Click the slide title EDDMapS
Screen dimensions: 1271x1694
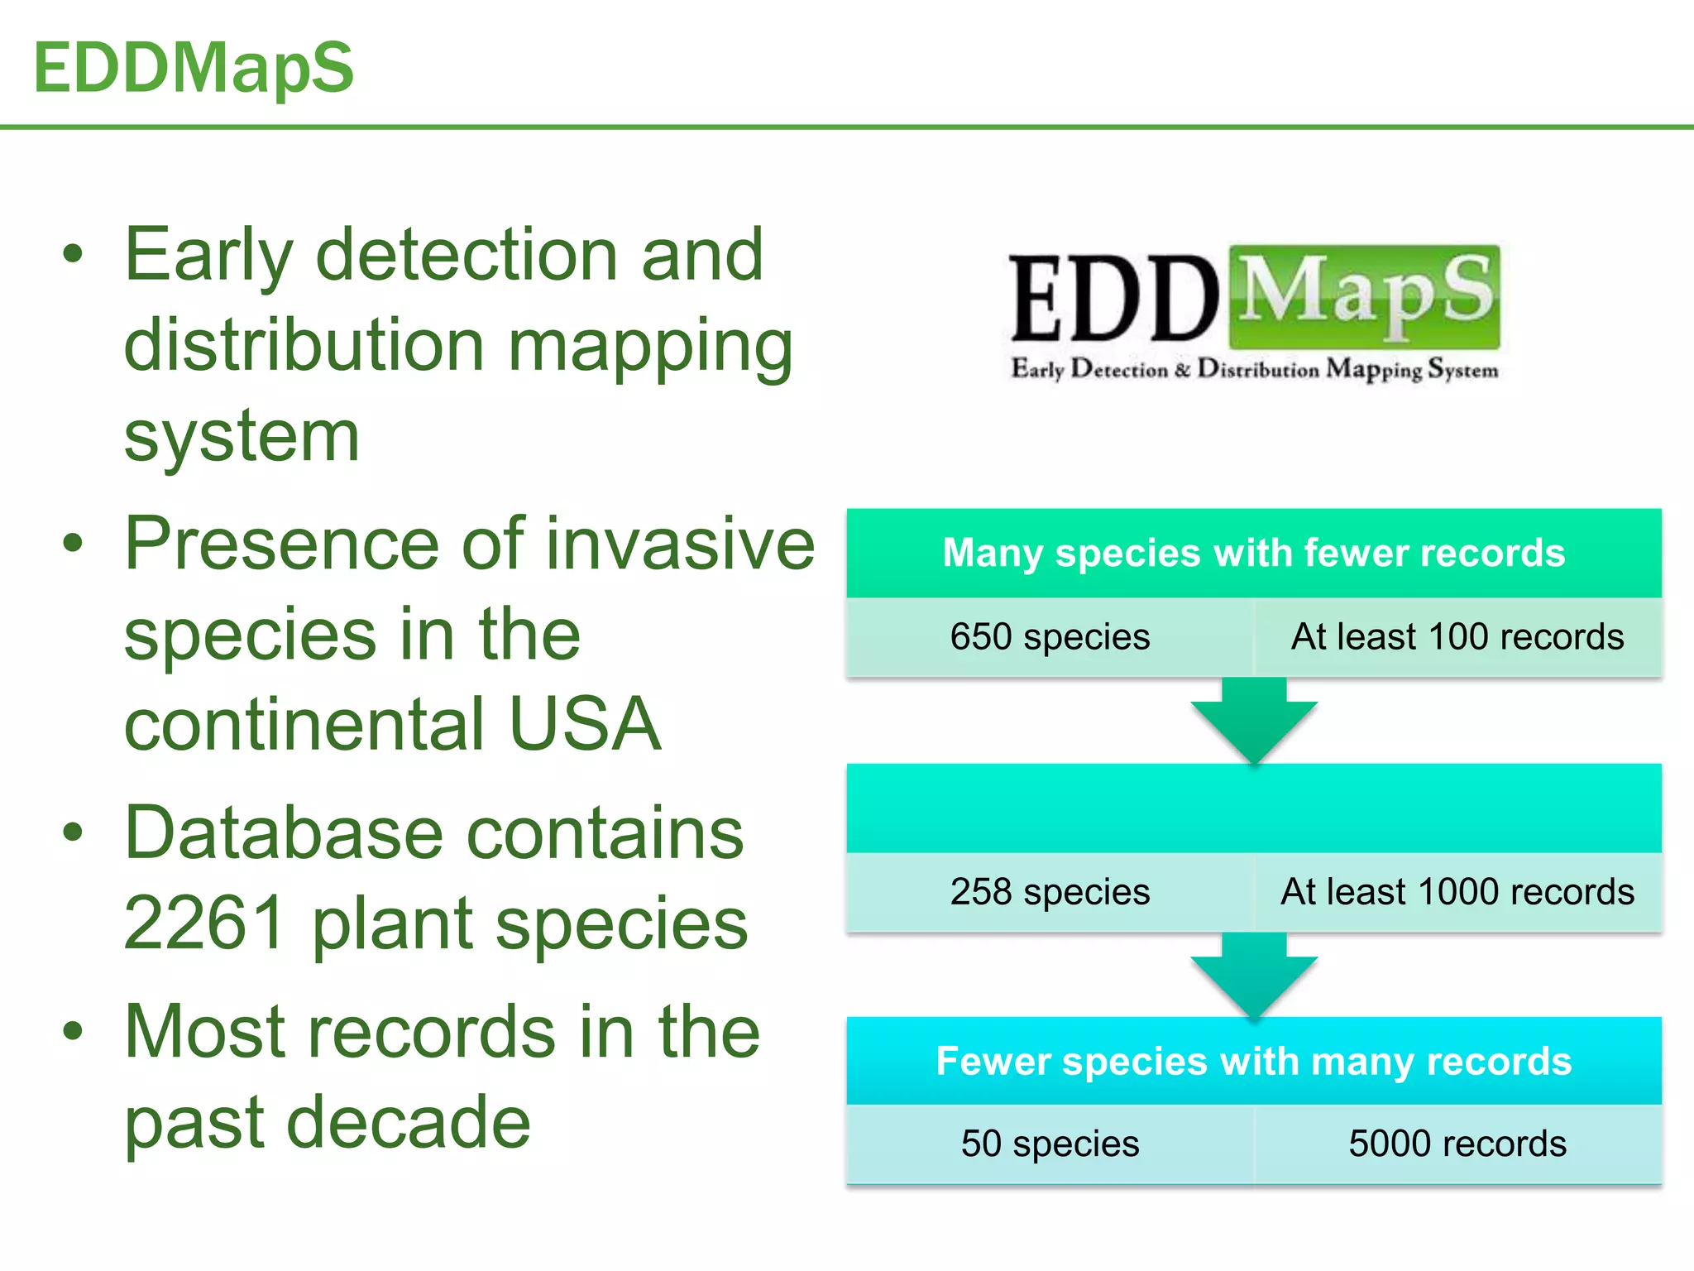[x=194, y=68]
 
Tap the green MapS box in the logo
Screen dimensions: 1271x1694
[x=1365, y=296]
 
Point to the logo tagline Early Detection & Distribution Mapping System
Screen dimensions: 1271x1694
[x=1255, y=369]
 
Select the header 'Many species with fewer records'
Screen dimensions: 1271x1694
[x=1254, y=553]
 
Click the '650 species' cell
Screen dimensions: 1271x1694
[x=1050, y=637]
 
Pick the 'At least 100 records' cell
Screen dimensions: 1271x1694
[x=1457, y=637]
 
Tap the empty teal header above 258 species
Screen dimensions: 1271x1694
[x=1254, y=808]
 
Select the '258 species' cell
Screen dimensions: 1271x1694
[x=1050, y=892]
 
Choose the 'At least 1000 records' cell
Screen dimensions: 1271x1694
[x=1457, y=892]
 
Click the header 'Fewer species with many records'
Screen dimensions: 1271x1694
[x=1254, y=1061]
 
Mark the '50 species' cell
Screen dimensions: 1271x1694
[x=1050, y=1144]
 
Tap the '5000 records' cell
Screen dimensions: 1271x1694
[x=1457, y=1144]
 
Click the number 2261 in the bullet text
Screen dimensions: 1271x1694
[x=205, y=923]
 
